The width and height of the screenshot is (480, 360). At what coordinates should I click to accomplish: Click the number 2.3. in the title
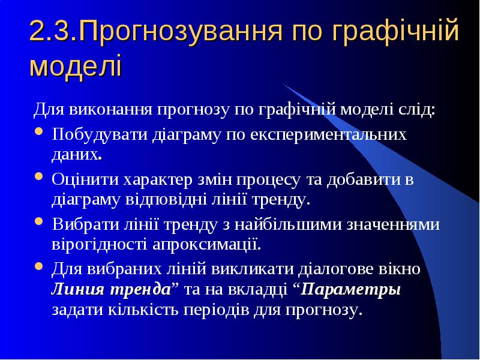click(x=54, y=31)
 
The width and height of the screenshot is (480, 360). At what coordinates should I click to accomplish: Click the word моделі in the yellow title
click(x=76, y=65)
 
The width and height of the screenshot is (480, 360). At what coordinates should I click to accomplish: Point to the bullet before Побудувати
click(x=38, y=131)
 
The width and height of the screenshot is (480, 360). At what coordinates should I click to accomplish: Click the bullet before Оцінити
click(x=38, y=176)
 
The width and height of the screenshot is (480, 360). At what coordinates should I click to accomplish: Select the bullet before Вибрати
click(x=38, y=221)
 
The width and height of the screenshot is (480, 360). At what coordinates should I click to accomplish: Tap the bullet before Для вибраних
click(x=38, y=265)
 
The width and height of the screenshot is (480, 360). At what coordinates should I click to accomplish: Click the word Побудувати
click(x=100, y=134)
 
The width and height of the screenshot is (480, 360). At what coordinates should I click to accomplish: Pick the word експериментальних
click(x=328, y=134)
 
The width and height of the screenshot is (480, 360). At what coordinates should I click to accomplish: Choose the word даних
click(x=77, y=155)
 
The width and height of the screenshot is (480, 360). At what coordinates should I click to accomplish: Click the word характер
click(x=158, y=180)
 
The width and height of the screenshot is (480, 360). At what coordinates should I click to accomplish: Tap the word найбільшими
click(x=288, y=224)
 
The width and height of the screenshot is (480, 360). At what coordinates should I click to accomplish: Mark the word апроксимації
click(x=206, y=245)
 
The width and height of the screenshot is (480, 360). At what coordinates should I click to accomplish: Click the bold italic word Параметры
click(x=350, y=290)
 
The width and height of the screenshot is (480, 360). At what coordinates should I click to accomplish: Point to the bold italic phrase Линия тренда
click(x=112, y=289)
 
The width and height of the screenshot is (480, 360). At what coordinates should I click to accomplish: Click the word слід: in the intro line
click(x=417, y=109)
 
